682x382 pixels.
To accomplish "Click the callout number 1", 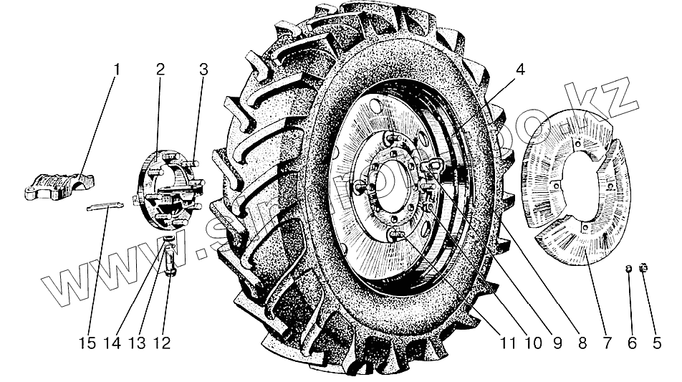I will (x=117, y=70).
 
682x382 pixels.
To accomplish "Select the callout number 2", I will (x=160, y=70).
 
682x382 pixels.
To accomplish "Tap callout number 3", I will (x=204, y=70).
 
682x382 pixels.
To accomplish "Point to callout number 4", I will (x=519, y=70).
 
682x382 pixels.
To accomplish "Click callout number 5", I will (x=657, y=343).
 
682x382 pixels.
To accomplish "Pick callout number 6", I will (x=632, y=343).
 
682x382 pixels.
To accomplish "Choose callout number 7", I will (x=606, y=343).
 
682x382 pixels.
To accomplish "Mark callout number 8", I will (x=582, y=343).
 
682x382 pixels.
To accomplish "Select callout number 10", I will (x=533, y=343).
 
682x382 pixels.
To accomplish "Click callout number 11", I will (x=508, y=343).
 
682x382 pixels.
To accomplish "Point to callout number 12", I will (x=165, y=343).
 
